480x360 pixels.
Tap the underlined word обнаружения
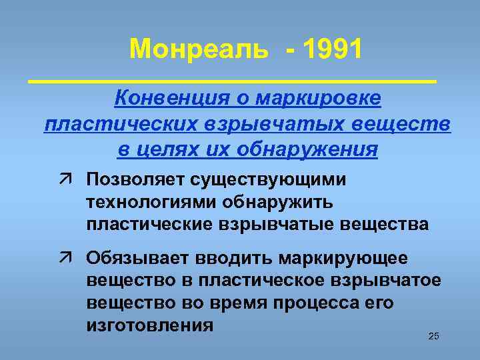pos(305,149)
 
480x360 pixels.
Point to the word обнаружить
pos(291,202)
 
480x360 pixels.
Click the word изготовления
pos(150,325)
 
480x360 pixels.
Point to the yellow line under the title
pos(233,80)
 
